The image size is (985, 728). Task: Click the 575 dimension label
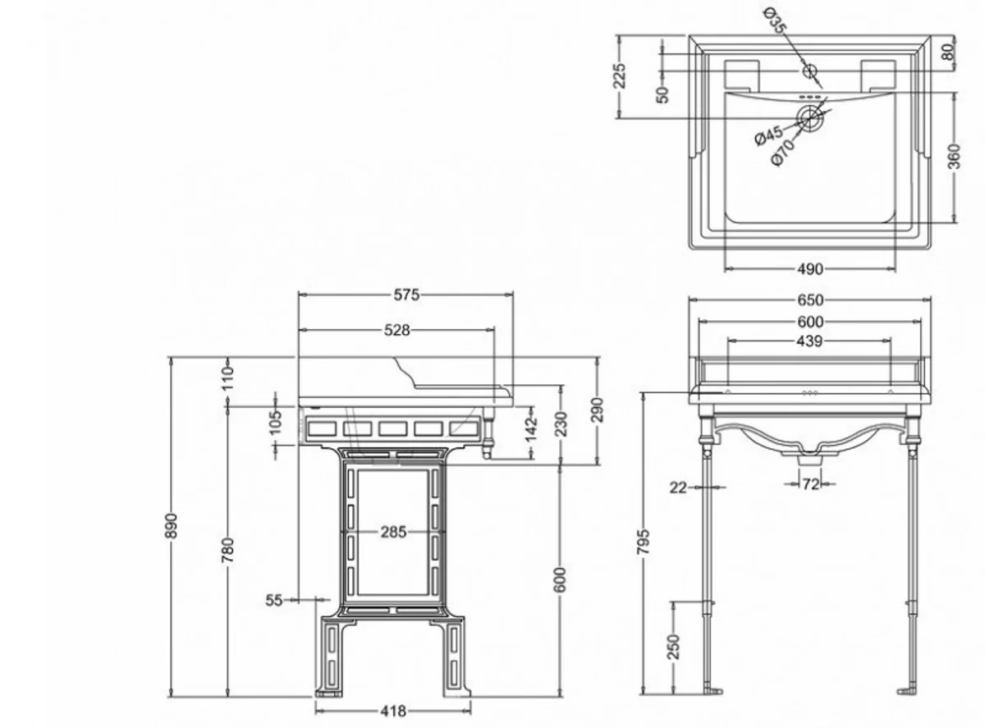[x=405, y=295]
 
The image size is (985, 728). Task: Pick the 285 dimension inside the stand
[x=392, y=532]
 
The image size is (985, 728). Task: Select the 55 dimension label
[x=273, y=600]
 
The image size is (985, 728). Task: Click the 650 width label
[x=810, y=300]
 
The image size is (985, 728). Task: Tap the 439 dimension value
[x=809, y=341]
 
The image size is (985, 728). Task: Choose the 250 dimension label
[x=673, y=648]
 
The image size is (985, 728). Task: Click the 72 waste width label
[x=810, y=485]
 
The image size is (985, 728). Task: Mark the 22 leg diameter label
[x=677, y=488]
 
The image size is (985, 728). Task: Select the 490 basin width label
[x=809, y=268]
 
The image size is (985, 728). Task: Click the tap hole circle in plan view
[x=810, y=71]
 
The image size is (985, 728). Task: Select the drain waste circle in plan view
[x=810, y=118]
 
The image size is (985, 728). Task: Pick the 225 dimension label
[x=621, y=76]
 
